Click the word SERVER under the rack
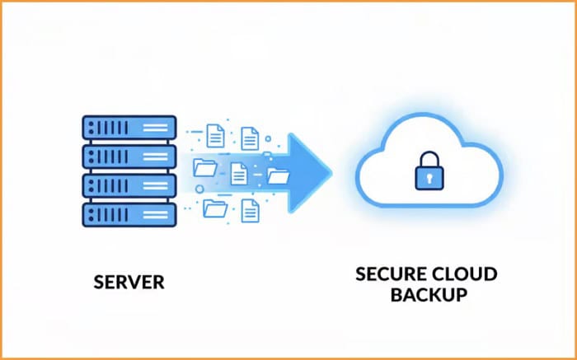point(129,283)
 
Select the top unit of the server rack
point(130,128)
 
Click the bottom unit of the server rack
point(130,214)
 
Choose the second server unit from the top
point(130,157)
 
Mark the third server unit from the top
point(130,185)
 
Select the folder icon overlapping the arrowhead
point(279,175)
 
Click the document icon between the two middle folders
point(240,172)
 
